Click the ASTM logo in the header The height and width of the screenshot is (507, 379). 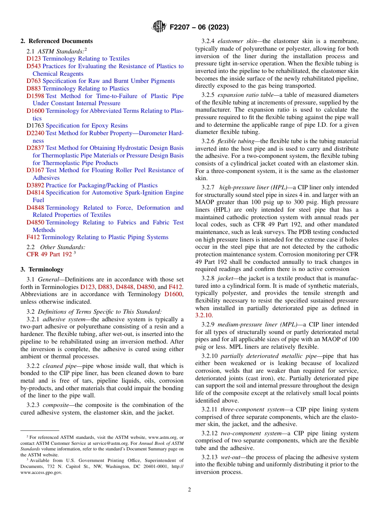pos(159,27)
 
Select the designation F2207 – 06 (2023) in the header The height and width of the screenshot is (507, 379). pos(199,28)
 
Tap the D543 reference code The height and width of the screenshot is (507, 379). pos(34,66)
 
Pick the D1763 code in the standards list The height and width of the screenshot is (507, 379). pos(35,126)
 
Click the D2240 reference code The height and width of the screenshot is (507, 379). pos(35,133)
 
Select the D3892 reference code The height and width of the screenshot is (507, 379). pos(35,185)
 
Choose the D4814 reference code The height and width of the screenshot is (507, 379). pos(35,193)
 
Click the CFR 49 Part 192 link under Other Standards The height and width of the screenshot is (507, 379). pos(49,254)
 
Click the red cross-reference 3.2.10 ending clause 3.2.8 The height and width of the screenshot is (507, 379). pos(203,315)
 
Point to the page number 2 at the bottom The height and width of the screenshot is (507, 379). pos(189,490)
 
